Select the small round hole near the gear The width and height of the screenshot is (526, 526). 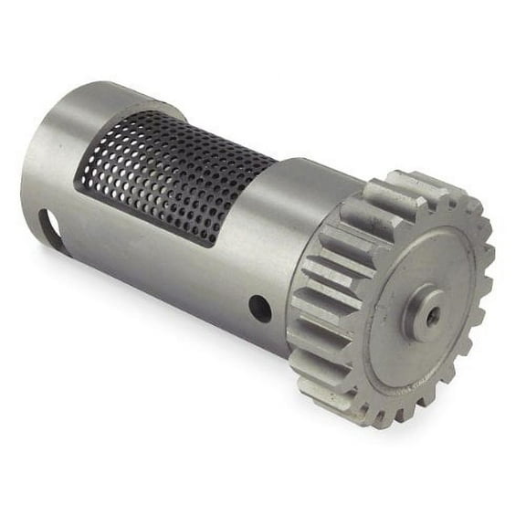click(260, 307)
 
